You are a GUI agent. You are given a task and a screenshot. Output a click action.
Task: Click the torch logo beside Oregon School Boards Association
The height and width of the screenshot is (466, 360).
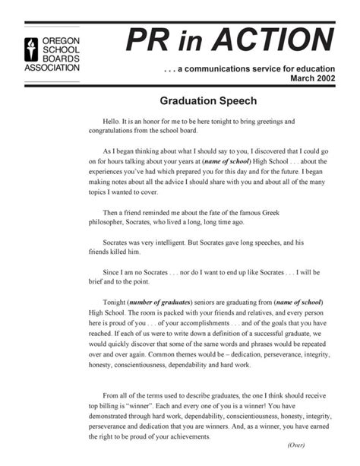coord(30,49)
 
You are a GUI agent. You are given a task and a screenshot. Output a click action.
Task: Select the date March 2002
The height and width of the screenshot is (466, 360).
coord(312,79)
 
